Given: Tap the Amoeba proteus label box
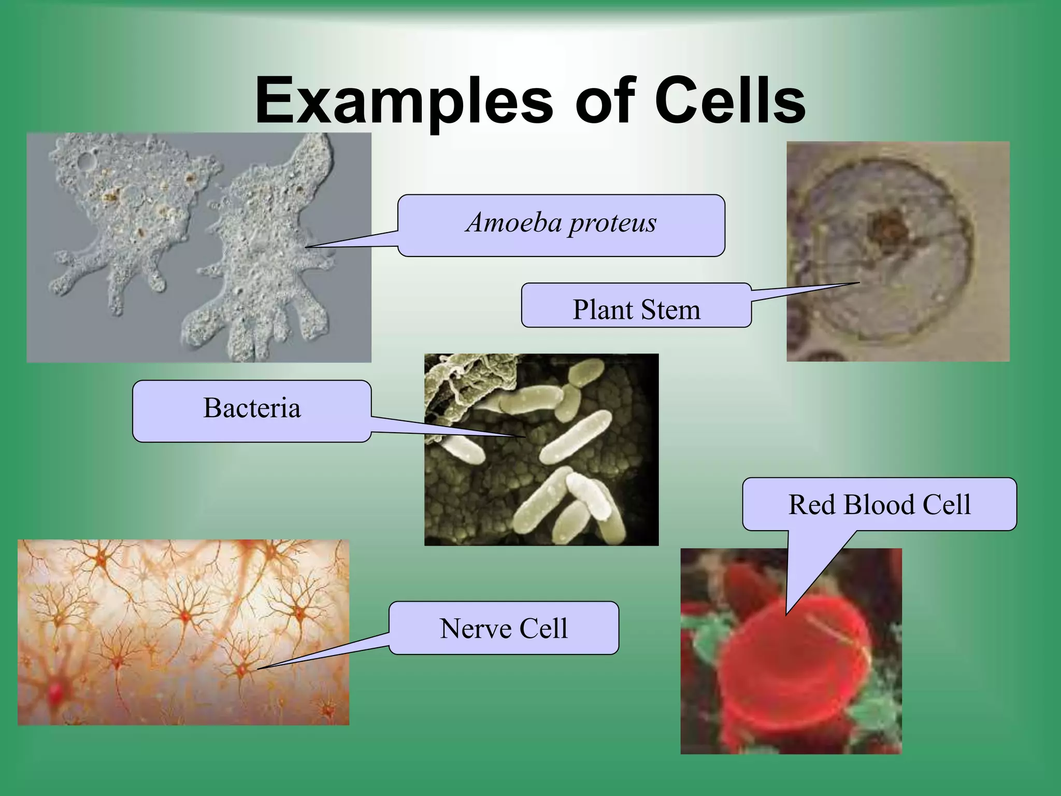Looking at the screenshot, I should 561,225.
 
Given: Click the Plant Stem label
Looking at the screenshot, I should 636,310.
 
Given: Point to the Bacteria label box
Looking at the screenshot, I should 252,410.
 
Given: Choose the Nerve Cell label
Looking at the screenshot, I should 504,628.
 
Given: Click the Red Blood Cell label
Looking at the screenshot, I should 879,504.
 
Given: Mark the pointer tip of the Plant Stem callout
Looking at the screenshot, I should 858,283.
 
